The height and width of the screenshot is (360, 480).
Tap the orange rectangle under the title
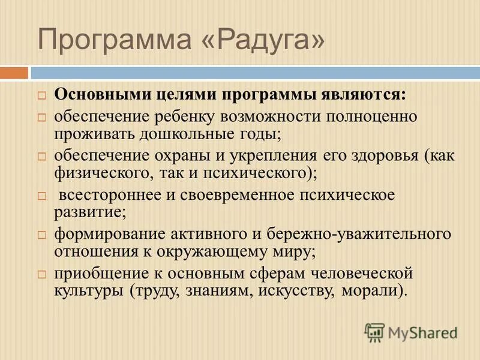pos(14,73)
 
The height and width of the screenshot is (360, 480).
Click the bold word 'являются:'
pos(365,95)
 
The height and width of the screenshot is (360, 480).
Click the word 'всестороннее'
pos(106,196)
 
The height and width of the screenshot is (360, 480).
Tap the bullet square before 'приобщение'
pos(42,273)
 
